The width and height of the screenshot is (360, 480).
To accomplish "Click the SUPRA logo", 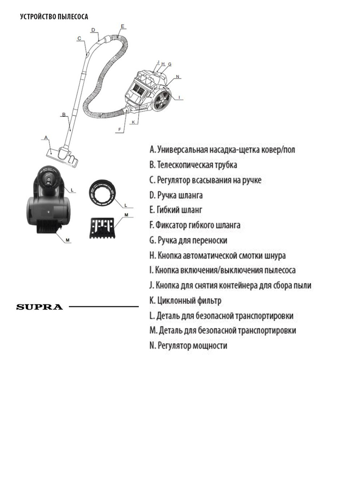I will pyautogui.click(x=40, y=307).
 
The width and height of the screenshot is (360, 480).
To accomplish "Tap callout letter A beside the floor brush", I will pyautogui.click(x=46, y=137).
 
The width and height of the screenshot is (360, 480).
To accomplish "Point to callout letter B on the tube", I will pyautogui.click(x=63, y=114).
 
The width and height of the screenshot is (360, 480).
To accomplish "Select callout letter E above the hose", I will pyautogui.click(x=122, y=26).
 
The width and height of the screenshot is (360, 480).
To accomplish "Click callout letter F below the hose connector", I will pyautogui.click(x=119, y=129).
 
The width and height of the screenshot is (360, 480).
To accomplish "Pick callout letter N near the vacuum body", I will pyautogui.click(x=178, y=76).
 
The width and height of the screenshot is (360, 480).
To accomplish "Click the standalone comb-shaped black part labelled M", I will pyautogui.click(x=101, y=228).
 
